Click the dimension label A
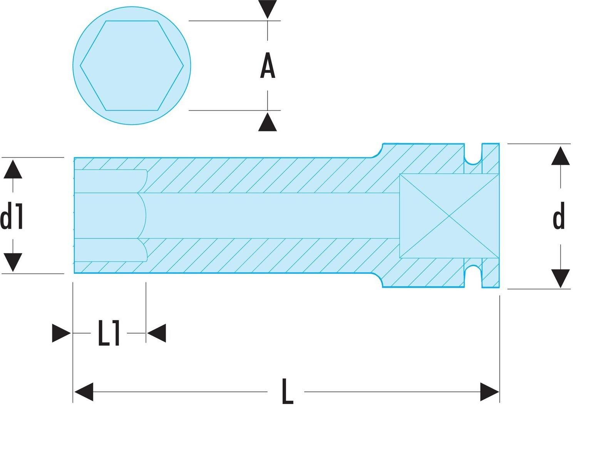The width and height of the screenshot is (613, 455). click(x=267, y=66)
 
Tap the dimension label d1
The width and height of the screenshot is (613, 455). click(x=12, y=216)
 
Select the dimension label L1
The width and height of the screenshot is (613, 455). click(x=109, y=333)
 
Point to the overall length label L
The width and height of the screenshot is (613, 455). click(x=287, y=391)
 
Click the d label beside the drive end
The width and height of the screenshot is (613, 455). click(x=559, y=216)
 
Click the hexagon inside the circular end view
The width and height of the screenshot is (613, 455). click(x=132, y=66)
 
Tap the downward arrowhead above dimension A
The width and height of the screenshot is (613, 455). click(x=267, y=9)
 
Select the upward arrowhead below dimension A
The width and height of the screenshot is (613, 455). click(x=267, y=122)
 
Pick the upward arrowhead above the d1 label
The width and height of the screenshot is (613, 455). click(x=13, y=169)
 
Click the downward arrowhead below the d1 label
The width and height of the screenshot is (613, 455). click(x=13, y=262)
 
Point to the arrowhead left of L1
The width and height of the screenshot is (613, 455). click(x=61, y=333)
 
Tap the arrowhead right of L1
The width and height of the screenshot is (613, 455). click(x=156, y=333)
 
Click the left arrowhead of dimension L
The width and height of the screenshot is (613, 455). click(x=84, y=392)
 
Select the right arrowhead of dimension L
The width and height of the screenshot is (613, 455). click(x=489, y=392)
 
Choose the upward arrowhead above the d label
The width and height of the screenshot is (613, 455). click(x=561, y=156)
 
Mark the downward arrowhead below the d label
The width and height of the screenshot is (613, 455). click(x=561, y=279)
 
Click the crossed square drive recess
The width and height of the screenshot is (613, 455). click(x=449, y=216)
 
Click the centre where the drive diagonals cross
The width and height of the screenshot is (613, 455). click(x=449, y=216)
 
